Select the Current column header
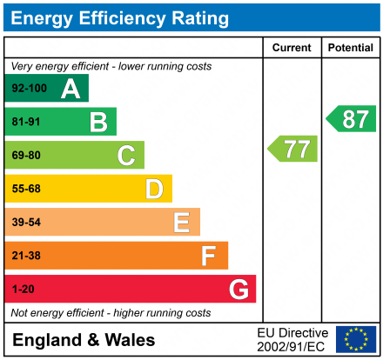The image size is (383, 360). [292, 48]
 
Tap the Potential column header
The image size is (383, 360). [350, 48]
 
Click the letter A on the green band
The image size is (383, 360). [71, 89]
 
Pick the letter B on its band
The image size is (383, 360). [98, 122]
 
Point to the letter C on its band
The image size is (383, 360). [126, 156]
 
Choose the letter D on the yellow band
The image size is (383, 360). [154, 189]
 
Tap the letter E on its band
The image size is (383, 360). [181, 223]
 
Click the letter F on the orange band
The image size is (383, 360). [209, 256]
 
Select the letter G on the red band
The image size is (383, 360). [238, 289]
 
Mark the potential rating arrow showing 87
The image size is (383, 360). [353, 119]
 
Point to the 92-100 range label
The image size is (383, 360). [30, 89]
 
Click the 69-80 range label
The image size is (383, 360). [27, 156]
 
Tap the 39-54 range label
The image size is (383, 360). [27, 223]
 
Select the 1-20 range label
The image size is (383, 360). [24, 289]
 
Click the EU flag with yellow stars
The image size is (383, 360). [356, 339]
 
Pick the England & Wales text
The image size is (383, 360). [84, 340]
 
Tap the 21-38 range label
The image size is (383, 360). [27, 256]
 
